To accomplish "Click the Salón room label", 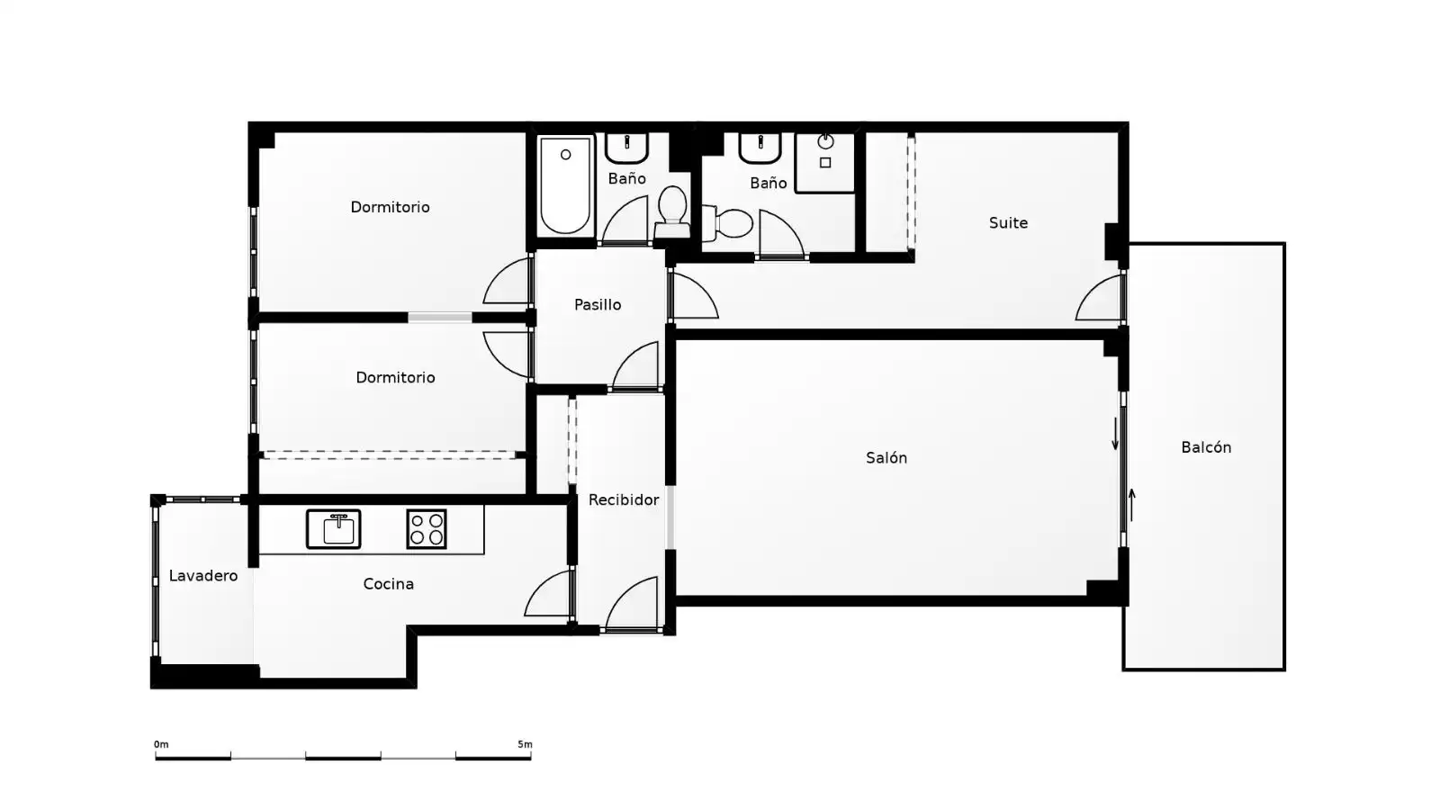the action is [x=886, y=458].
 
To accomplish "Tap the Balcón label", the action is [x=1206, y=447].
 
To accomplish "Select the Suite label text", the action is [x=1008, y=223].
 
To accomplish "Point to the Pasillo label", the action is [x=598, y=305].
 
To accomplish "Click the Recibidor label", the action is [x=624, y=499].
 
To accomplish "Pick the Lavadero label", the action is [x=203, y=575].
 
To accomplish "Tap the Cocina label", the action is [x=388, y=584].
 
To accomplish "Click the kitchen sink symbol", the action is [x=333, y=529].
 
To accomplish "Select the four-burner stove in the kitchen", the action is [x=427, y=529].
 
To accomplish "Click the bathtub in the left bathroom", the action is [x=566, y=185].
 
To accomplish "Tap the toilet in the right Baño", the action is [x=728, y=222].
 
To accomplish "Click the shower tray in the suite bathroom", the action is [x=824, y=163].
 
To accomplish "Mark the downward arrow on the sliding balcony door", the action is [x=1115, y=434].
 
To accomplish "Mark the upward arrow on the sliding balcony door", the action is [x=1132, y=505].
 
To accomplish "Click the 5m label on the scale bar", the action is [x=526, y=744].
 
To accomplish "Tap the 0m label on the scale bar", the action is [x=161, y=744].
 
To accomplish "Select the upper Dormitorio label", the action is [x=391, y=207].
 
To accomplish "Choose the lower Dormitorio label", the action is [x=395, y=377].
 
